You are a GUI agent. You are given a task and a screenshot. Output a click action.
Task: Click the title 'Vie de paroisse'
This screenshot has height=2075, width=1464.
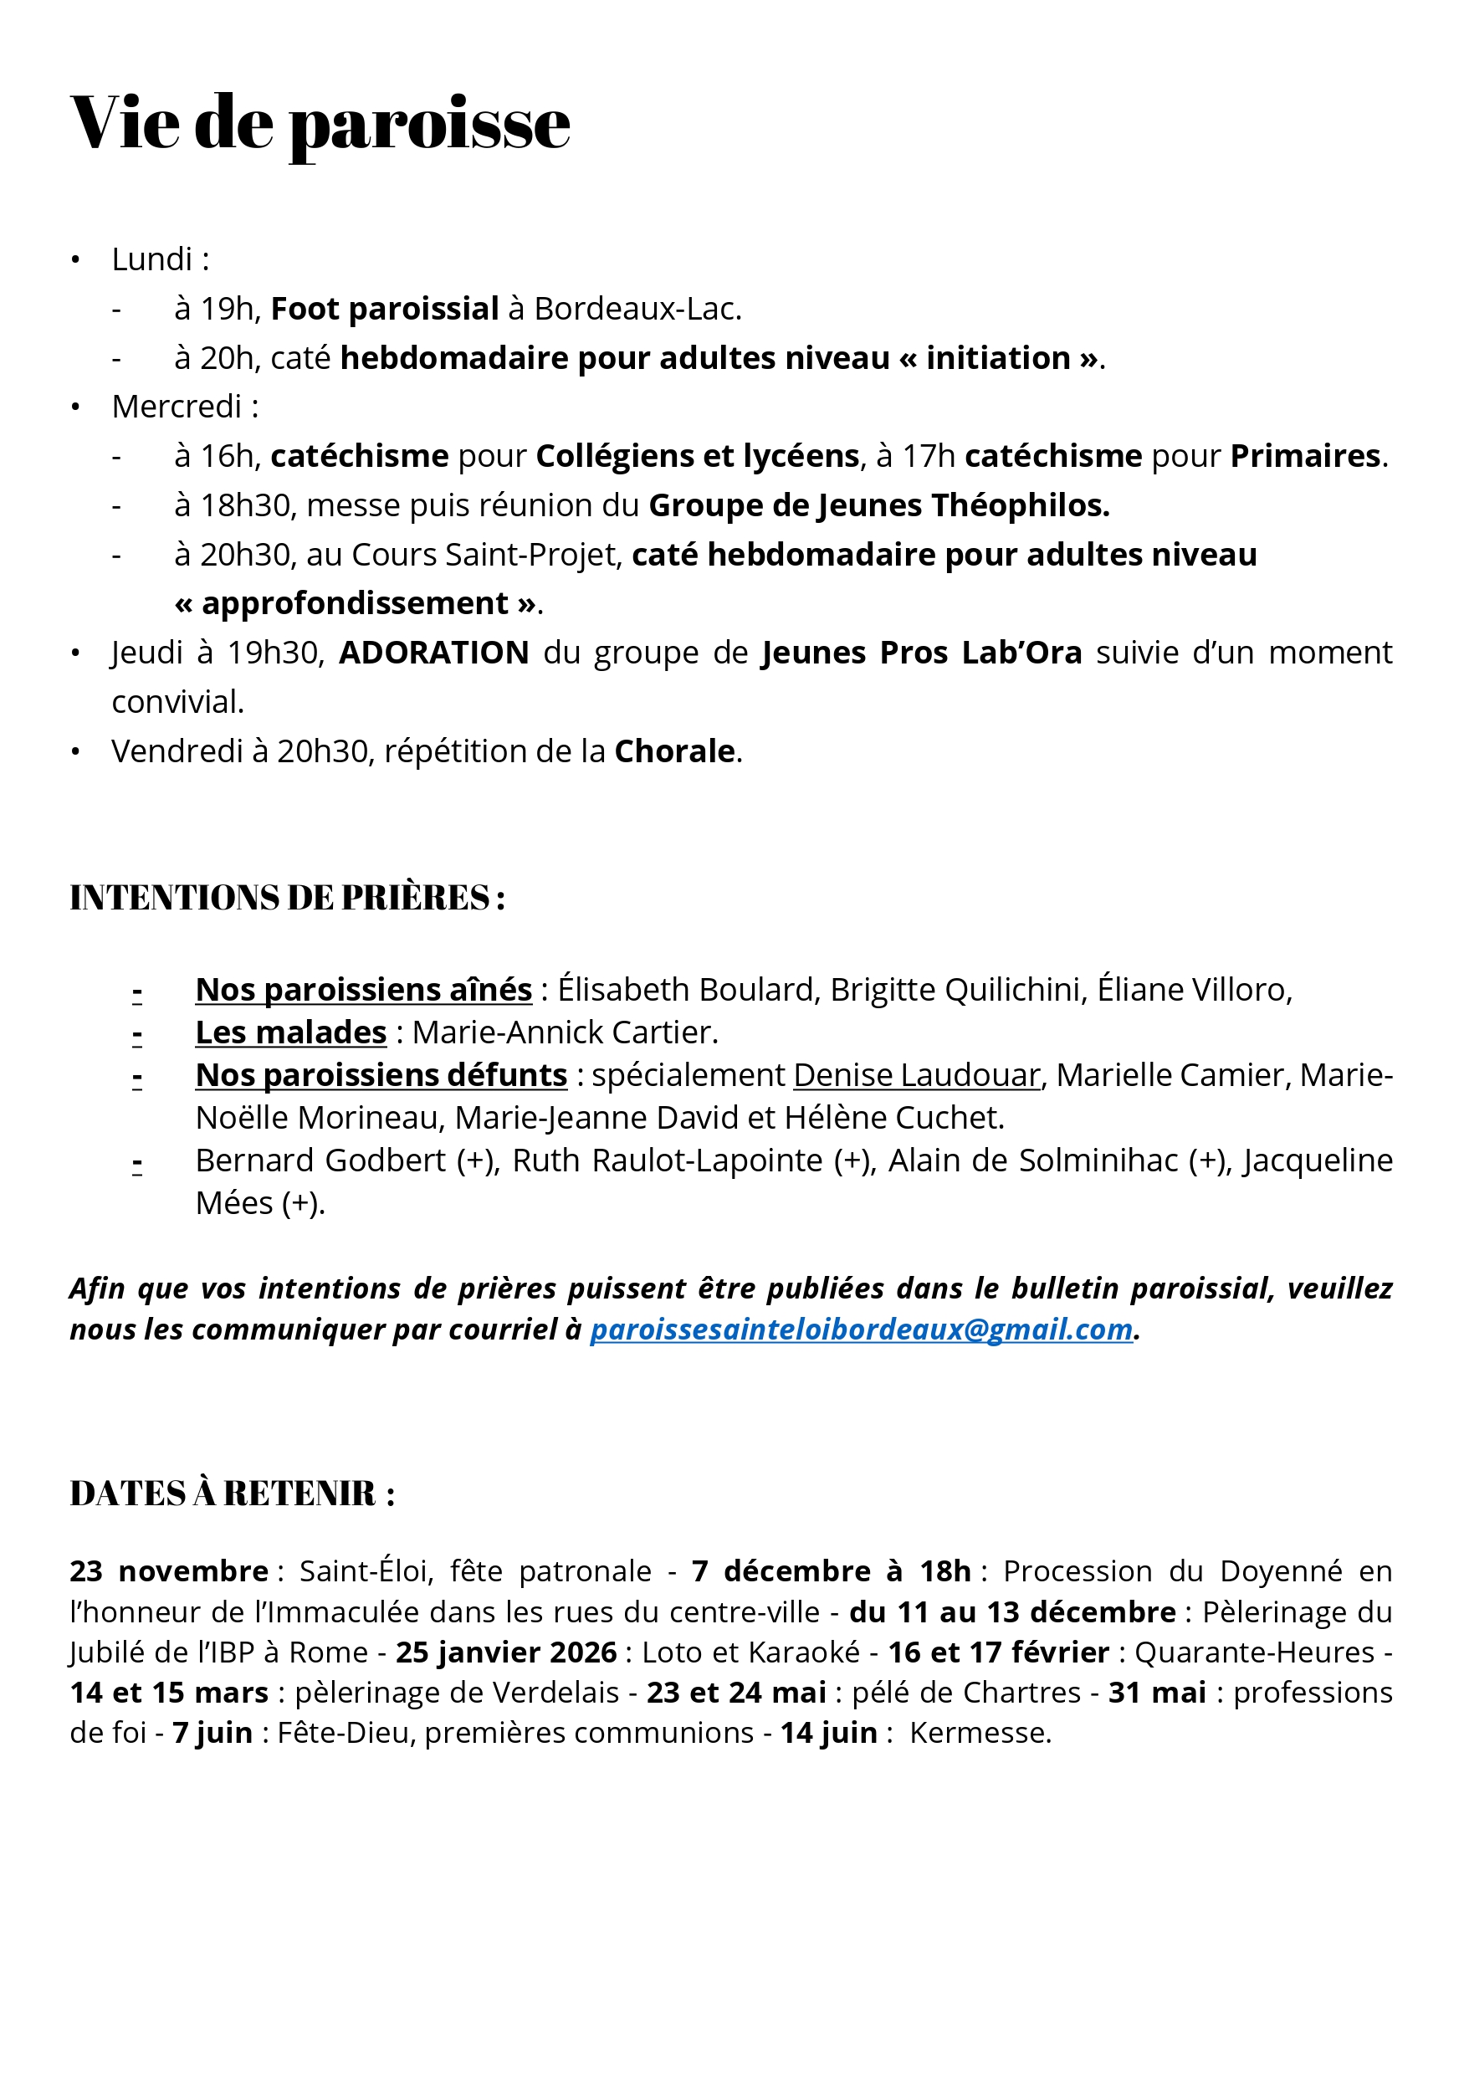pyautogui.click(x=320, y=123)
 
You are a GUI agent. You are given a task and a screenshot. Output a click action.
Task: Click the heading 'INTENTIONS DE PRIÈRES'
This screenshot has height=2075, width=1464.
pyautogui.click(x=286, y=898)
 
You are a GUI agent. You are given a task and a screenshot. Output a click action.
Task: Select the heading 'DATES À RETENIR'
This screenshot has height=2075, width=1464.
pyautogui.click(x=233, y=1493)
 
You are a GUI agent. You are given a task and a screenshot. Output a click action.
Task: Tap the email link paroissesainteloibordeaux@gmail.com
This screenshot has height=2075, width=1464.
pyautogui.click(x=861, y=1330)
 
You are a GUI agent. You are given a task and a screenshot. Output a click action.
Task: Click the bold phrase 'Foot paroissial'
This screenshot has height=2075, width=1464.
pyautogui.click(x=384, y=309)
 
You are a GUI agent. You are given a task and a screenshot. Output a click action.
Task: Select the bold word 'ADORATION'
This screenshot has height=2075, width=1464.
pyautogui.click(x=434, y=653)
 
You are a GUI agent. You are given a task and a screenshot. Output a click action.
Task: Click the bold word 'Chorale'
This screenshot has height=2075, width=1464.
pyautogui.click(x=674, y=751)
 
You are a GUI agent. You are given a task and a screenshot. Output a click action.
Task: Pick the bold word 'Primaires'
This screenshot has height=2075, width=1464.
pyautogui.click(x=1305, y=456)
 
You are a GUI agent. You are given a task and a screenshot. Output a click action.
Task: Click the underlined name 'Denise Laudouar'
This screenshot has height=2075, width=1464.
pyautogui.click(x=916, y=1075)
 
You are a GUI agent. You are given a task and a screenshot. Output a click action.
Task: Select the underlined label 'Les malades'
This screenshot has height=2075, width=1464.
pyautogui.click(x=291, y=1032)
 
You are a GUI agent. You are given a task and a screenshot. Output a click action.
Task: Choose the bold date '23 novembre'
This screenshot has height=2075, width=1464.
pyautogui.click(x=168, y=1570)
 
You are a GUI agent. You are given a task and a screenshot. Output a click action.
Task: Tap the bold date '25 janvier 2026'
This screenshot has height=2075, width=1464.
pyautogui.click(x=506, y=1652)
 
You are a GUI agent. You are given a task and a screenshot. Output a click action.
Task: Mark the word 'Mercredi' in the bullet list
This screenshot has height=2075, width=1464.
pyautogui.click(x=177, y=407)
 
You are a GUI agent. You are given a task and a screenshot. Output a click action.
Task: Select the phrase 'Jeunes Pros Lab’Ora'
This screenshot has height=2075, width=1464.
pyautogui.click(x=922, y=653)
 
